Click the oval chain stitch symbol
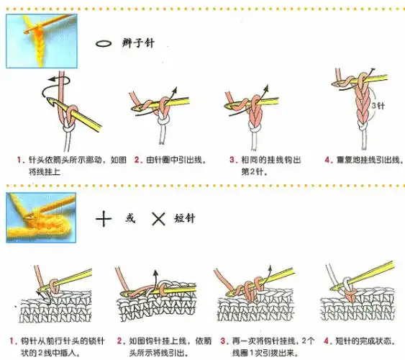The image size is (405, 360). pyautogui.click(x=104, y=43)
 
